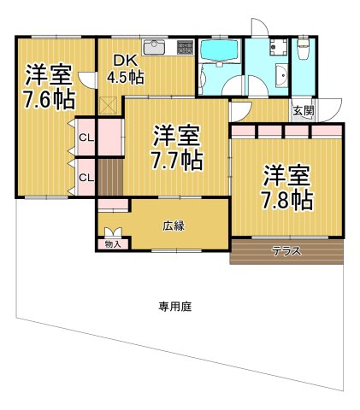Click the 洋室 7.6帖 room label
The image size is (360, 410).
[x=47, y=85]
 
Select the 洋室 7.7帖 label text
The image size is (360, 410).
[x=176, y=147]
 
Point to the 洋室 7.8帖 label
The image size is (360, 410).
[x=286, y=187]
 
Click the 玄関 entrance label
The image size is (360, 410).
[x=302, y=111]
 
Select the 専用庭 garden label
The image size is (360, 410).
[x=174, y=307]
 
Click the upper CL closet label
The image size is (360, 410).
[x=86, y=138]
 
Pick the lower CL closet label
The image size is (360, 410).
[x=86, y=177]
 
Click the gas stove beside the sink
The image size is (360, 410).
[x=183, y=46]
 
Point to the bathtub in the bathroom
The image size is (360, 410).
[x=219, y=53]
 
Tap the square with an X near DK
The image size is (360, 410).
[x=109, y=104]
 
